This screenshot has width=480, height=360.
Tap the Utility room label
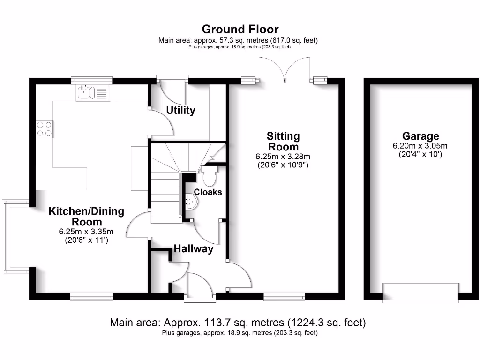pos(181,111)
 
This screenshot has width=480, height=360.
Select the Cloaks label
pos(208,192)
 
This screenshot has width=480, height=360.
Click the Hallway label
pos(194,249)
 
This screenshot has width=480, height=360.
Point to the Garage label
pos(420,136)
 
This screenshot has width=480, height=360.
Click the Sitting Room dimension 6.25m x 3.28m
pos(283,156)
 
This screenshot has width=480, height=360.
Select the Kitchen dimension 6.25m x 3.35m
pos(86,232)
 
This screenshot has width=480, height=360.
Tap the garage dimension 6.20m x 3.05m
pos(420,146)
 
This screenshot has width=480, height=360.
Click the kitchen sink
pos(92,93)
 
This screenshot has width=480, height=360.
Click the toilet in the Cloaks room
pos(210,176)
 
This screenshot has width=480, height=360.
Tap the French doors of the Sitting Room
pos(284,70)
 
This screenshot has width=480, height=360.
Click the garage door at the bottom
pos(420,293)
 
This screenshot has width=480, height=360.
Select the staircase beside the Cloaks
pos(166,187)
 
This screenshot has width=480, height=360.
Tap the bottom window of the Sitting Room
pos(284,296)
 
